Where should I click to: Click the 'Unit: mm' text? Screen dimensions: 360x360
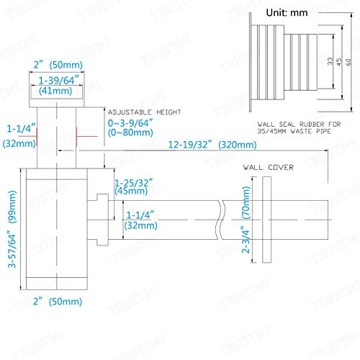[x=287, y=12]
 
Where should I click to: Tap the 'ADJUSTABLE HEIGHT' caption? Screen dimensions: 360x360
[x=144, y=112]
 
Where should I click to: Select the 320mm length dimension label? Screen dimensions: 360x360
[x=238, y=145]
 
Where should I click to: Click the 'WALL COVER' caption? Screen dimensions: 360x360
[x=269, y=167]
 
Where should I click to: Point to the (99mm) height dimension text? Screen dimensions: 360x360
[x=12, y=207]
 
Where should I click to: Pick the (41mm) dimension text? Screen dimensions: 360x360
[x=55, y=91]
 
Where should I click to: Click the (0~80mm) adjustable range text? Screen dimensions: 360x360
[x=130, y=132]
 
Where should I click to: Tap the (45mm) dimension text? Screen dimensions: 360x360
[x=131, y=192]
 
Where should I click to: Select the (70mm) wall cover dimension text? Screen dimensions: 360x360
[x=246, y=203]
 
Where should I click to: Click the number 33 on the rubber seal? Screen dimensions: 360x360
[x=330, y=61]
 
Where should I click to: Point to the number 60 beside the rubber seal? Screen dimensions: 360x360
[x=348, y=62]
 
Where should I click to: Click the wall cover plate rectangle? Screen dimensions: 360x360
[x=266, y=220]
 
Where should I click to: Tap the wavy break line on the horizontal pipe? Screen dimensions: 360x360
[x=220, y=220]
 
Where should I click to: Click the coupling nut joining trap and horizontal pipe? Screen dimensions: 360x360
[x=102, y=220]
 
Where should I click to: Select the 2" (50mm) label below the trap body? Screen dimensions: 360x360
[x=58, y=302]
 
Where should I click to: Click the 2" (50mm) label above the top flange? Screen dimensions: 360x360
[x=58, y=65]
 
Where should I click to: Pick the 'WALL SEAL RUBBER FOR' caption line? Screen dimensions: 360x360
[x=299, y=125]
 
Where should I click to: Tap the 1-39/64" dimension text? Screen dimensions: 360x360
[x=59, y=80]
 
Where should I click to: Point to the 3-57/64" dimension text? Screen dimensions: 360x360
[x=12, y=249]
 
